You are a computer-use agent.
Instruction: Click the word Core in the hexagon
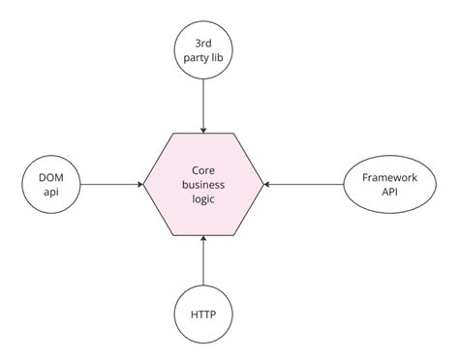[203, 167]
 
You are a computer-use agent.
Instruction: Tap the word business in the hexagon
[203, 183]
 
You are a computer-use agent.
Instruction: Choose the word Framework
[387, 175]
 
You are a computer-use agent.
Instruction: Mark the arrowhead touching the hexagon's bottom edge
[202, 239]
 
